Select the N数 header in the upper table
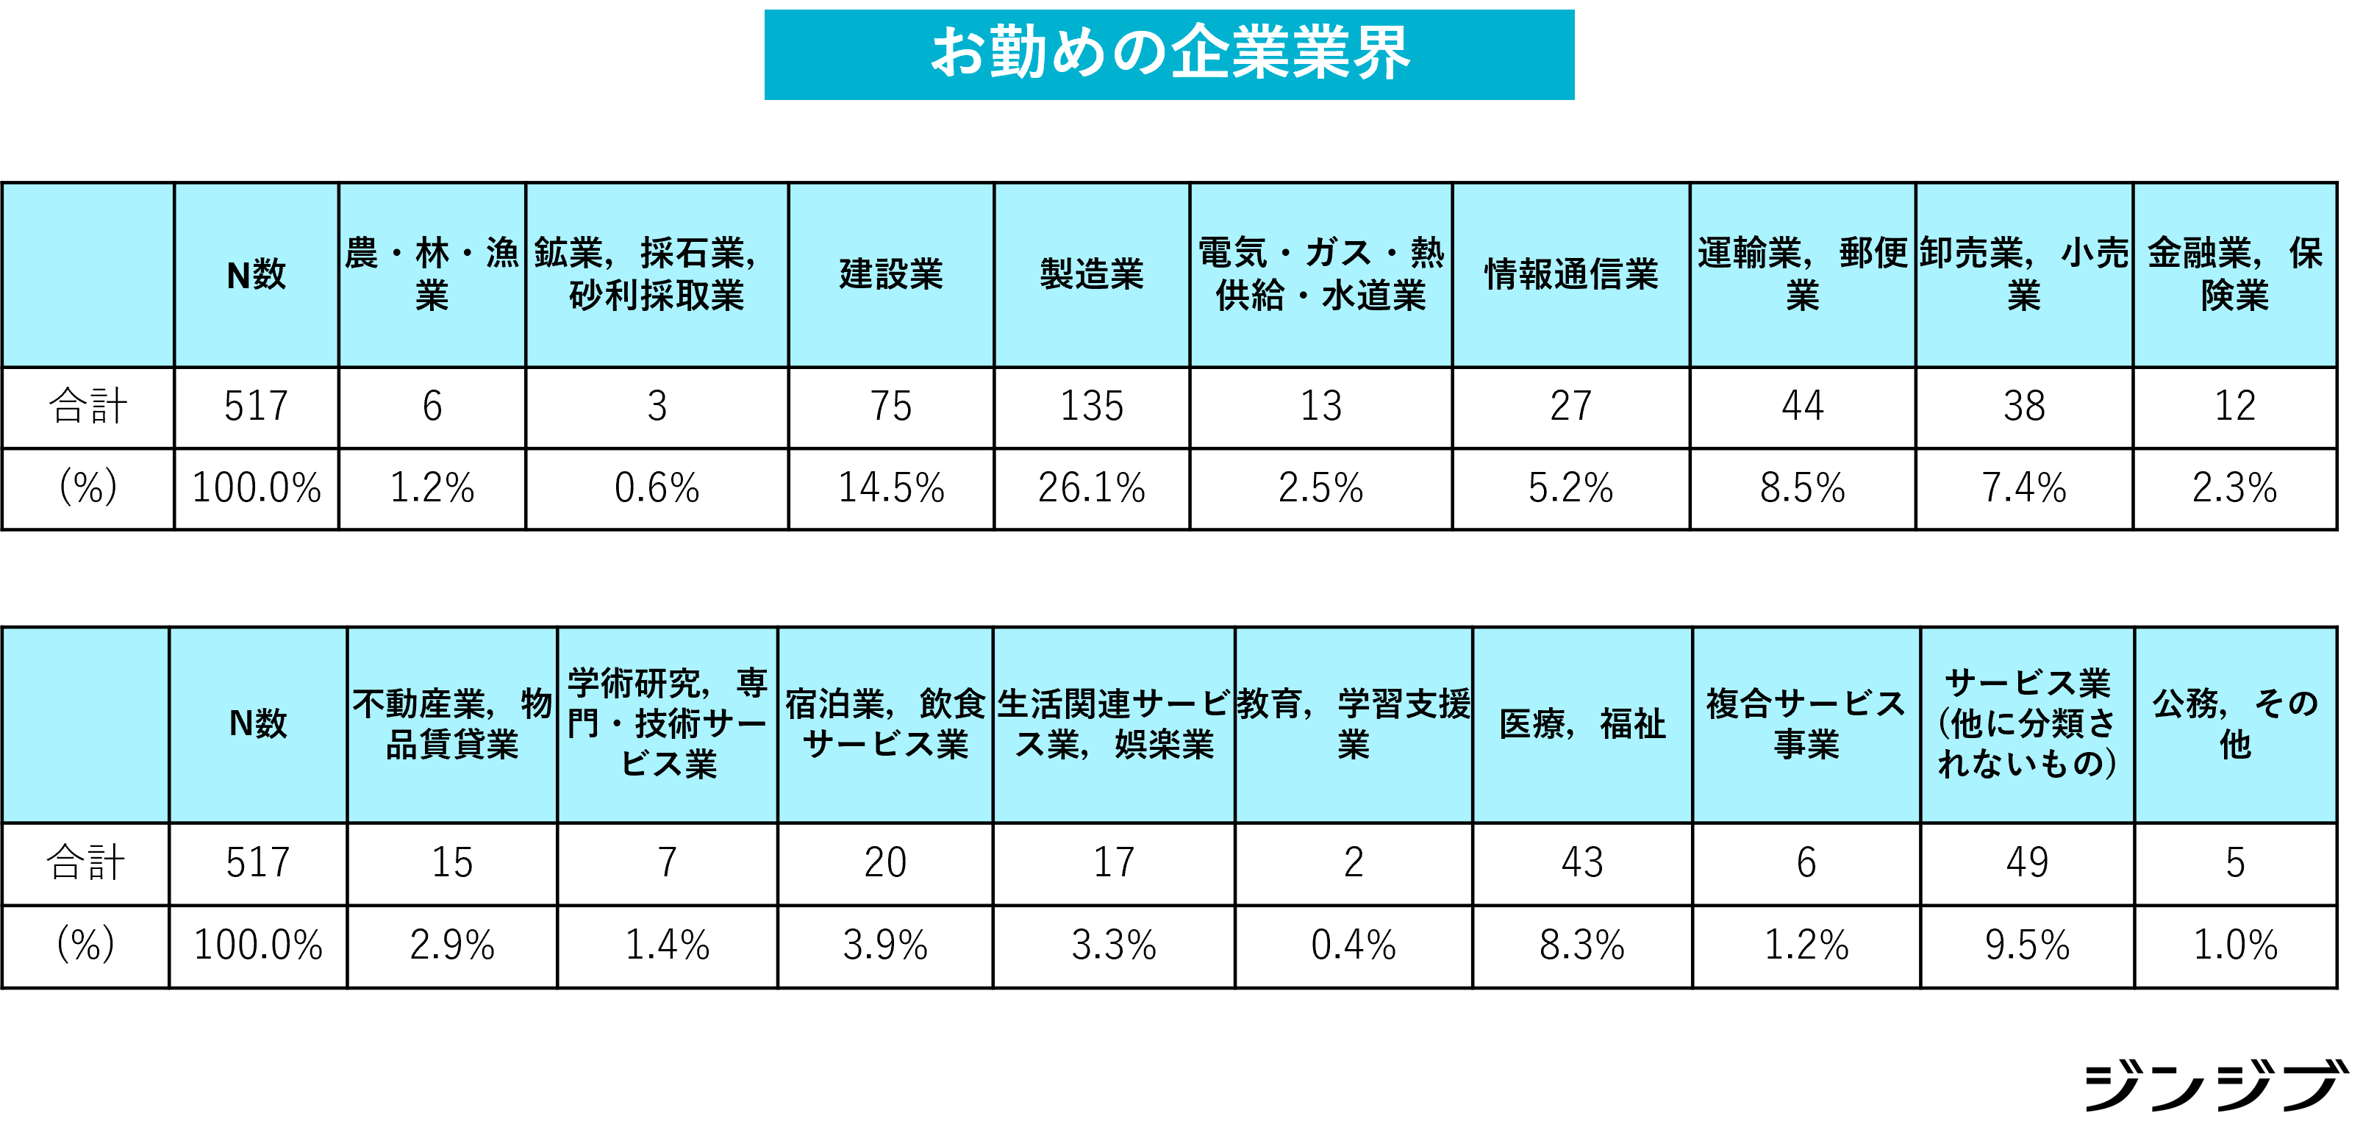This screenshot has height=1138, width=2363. coord(256,274)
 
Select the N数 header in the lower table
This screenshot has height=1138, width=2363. coord(258,723)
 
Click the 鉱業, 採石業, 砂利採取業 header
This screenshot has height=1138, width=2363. coord(657,274)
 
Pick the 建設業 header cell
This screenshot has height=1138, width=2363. coord(890,274)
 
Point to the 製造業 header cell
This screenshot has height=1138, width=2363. coord(1092,274)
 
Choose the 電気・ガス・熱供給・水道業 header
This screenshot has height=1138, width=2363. coord(1321,274)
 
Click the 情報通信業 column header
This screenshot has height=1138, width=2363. coord(1570,274)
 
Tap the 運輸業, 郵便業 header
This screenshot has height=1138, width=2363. coord(1803,274)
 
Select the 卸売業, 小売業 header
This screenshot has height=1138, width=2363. coord(2023,274)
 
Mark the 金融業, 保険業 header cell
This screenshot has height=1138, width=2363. coord(2234,274)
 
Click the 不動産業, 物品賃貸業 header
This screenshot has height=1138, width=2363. coord(452,723)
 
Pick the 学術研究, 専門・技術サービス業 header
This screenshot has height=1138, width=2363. coord(667,723)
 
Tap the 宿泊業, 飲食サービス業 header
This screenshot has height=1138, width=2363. coord(885,723)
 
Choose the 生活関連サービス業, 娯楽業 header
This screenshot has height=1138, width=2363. coord(1114,723)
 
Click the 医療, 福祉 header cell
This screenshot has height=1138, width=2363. coord(1582,723)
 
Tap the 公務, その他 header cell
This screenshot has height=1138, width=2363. coord(2234,723)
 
